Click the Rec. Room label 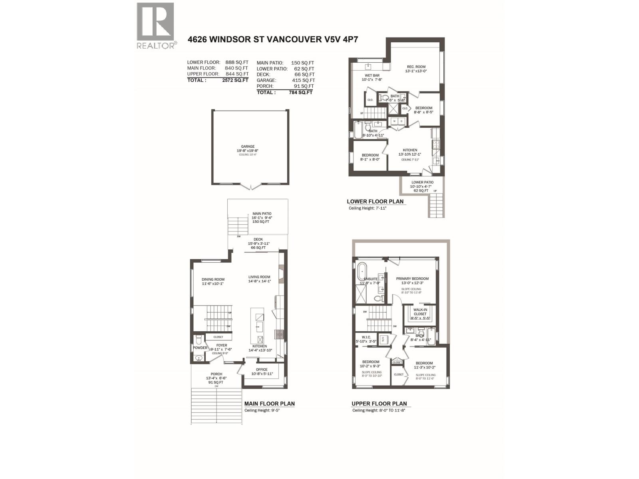pyautogui.click(x=416, y=67)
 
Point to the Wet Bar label pyautogui.click(x=372, y=75)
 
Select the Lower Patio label pyautogui.click(x=422, y=182)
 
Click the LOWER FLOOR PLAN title pyautogui.click(x=375, y=202)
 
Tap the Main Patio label pyautogui.click(x=262, y=214)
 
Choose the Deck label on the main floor pyautogui.click(x=258, y=239)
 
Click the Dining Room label pyautogui.click(x=213, y=279)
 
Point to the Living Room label pyautogui.click(x=259, y=277)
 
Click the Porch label pyautogui.click(x=216, y=374)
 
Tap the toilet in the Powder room pyautogui.click(x=198, y=340)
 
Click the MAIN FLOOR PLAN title pyautogui.click(x=269, y=404)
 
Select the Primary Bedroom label pyautogui.click(x=412, y=279)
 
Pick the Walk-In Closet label pyautogui.click(x=420, y=312)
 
